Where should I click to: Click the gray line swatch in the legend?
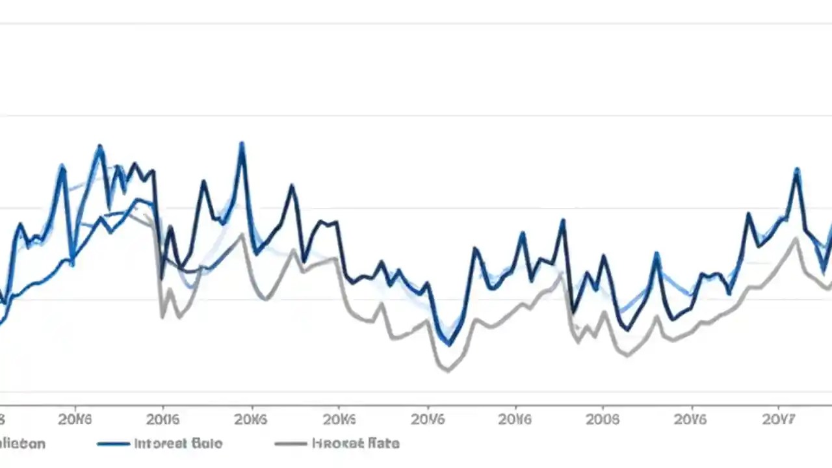tap(291, 444)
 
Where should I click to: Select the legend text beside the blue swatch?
tap(178, 444)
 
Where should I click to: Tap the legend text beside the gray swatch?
tap(356, 444)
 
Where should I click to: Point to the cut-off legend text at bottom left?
tap(22, 444)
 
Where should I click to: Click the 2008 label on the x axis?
tap(603, 419)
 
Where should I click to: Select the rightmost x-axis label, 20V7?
tap(778, 419)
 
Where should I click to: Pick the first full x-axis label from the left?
tap(75, 419)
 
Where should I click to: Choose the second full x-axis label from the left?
tap(162, 419)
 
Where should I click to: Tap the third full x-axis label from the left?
tap(250, 419)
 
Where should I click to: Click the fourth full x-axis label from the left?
tap(339, 419)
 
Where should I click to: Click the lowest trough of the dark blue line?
tap(449, 344)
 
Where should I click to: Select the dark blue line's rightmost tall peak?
tap(797, 170)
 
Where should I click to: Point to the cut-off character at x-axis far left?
tap(2, 419)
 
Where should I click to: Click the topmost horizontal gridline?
tap(416, 24)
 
